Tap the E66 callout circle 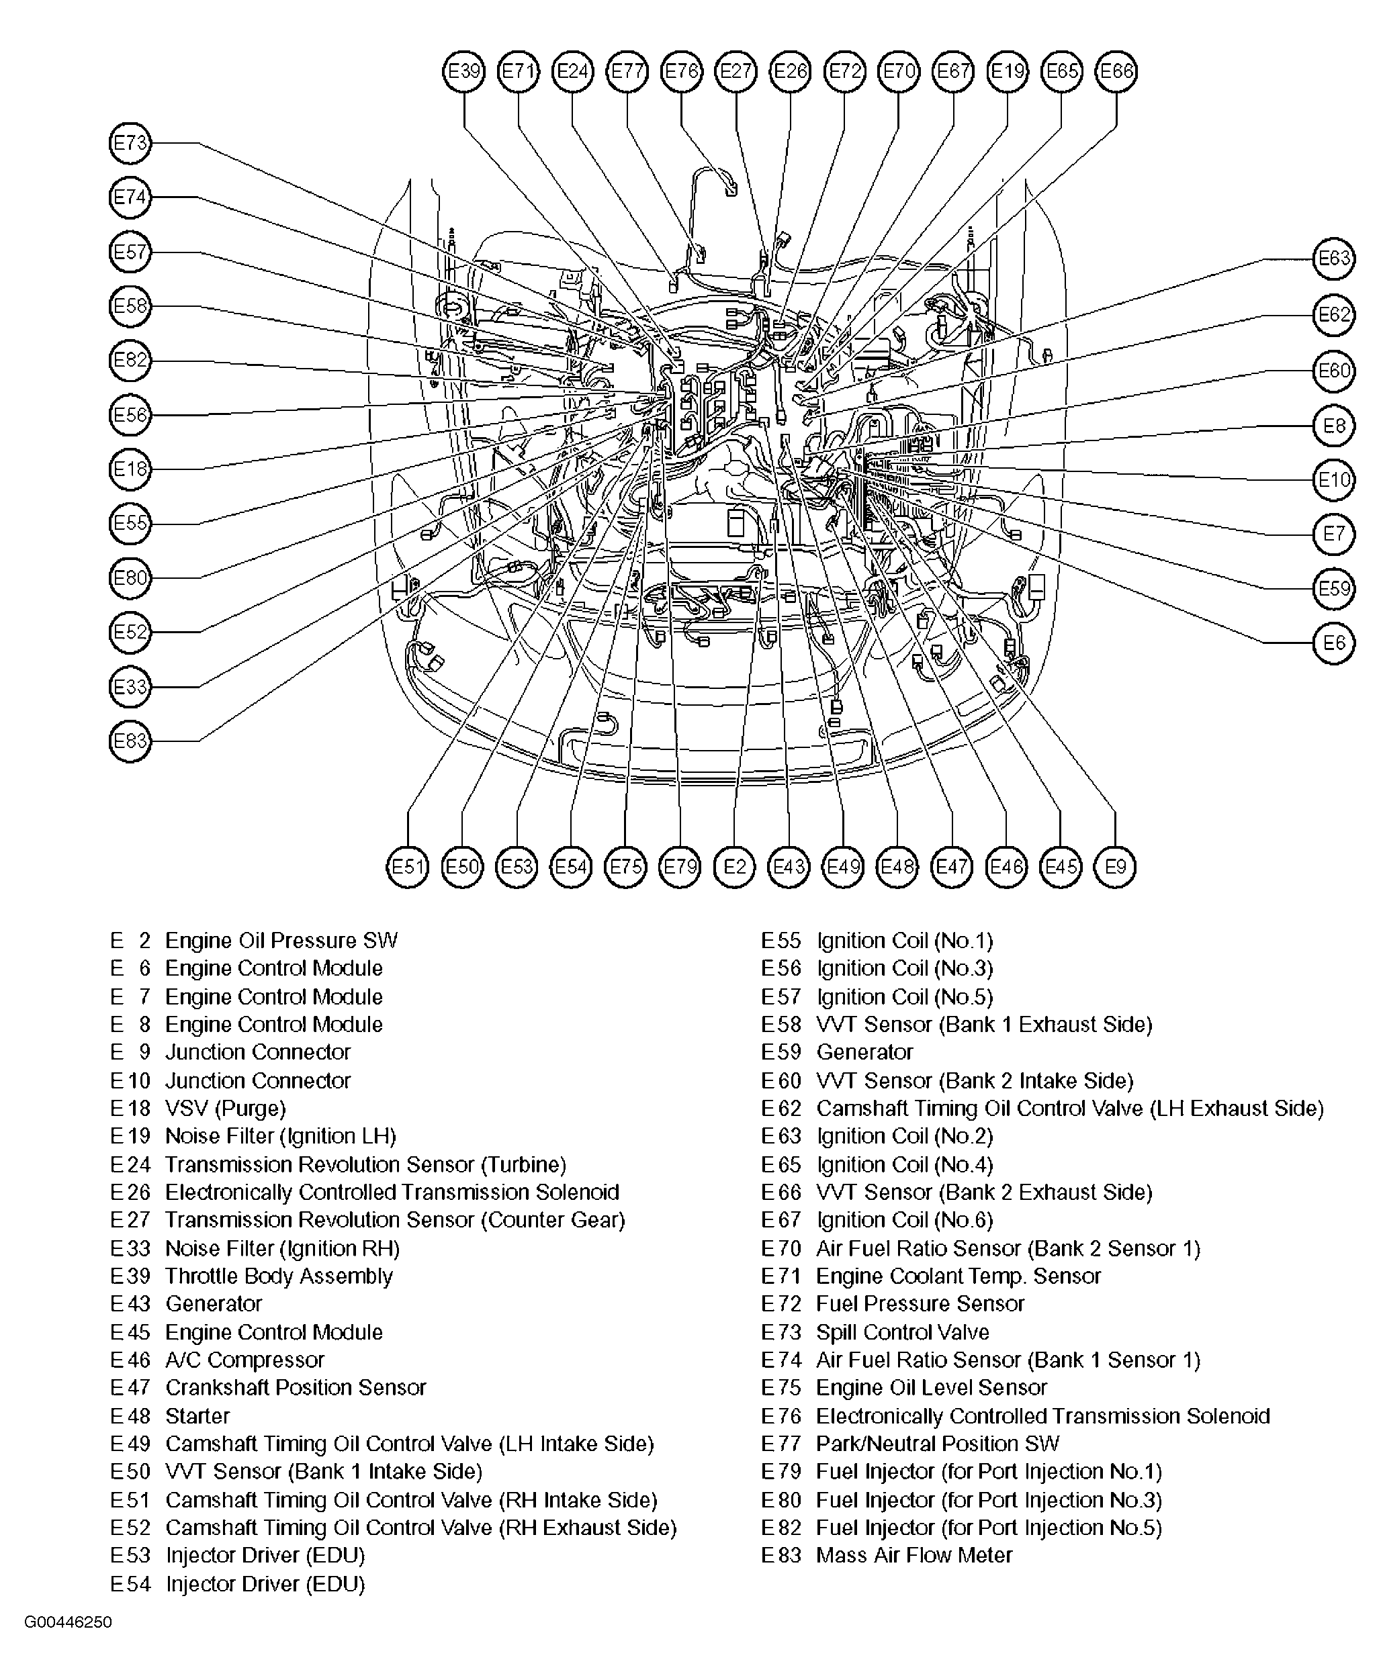point(1116,72)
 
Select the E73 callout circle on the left point(130,143)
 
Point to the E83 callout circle point(130,741)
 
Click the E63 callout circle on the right point(1333,259)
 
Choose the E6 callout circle point(1333,643)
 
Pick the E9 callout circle point(1115,866)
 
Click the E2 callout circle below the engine point(734,866)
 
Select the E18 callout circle point(130,469)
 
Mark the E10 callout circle point(1333,479)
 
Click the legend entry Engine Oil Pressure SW point(281,941)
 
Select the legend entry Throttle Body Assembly point(279,1276)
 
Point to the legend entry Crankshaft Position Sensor point(295,1388)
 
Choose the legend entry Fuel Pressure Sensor point(920,1303)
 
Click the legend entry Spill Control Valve point(902,1332)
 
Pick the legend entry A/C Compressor point(244,1360)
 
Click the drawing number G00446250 point(68,1622)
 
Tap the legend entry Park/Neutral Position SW point(937,1444)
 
